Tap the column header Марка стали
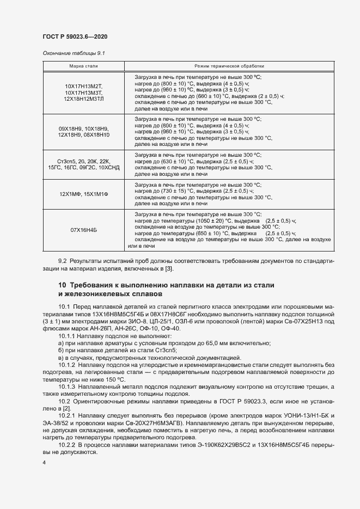point(83,66)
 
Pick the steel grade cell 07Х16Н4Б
point(83,230)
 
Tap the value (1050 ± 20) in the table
point(196,221)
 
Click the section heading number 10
point(62,286)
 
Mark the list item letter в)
point(61,357)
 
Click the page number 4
point(44,463)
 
